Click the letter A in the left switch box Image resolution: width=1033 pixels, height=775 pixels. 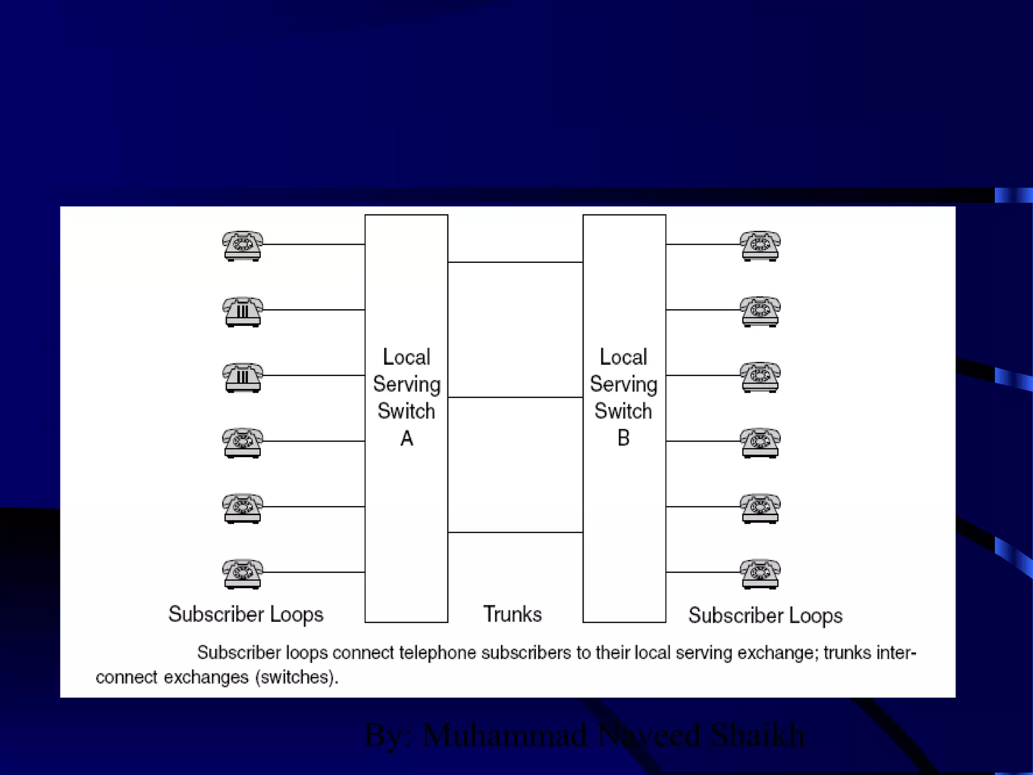pos(407,438)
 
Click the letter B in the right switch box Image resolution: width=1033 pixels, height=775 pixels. pos(623,438)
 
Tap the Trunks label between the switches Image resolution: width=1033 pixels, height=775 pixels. pos(512,614)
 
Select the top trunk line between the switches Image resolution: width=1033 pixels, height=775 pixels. pos(515,262)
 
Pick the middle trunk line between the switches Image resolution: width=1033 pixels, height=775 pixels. pos(515,398)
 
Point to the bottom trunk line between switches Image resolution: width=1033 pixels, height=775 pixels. pos(515,532)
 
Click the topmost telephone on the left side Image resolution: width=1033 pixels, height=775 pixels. pos(243,246)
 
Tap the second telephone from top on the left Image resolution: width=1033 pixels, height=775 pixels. pos(243,311)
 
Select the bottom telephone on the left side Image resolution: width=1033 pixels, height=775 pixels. pos(243,574)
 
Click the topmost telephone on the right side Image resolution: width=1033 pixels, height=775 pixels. pos(760,246)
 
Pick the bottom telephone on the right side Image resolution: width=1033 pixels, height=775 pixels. pos(760,574)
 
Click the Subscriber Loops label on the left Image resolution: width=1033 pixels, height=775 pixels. pos(246,615)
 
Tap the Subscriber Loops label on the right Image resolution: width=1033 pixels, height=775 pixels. pos(765,616)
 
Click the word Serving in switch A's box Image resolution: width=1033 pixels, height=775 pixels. pos(407,384)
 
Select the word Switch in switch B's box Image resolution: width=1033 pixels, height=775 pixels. pos(623,411)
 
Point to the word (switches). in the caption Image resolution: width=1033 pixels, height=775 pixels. pos(297,677)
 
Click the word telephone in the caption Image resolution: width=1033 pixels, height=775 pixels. pos(437,652)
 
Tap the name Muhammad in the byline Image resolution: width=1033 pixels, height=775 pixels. pos(505,735)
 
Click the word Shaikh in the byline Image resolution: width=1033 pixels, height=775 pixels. pos(758,735)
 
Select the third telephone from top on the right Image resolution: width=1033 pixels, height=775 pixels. pos(760,377)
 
